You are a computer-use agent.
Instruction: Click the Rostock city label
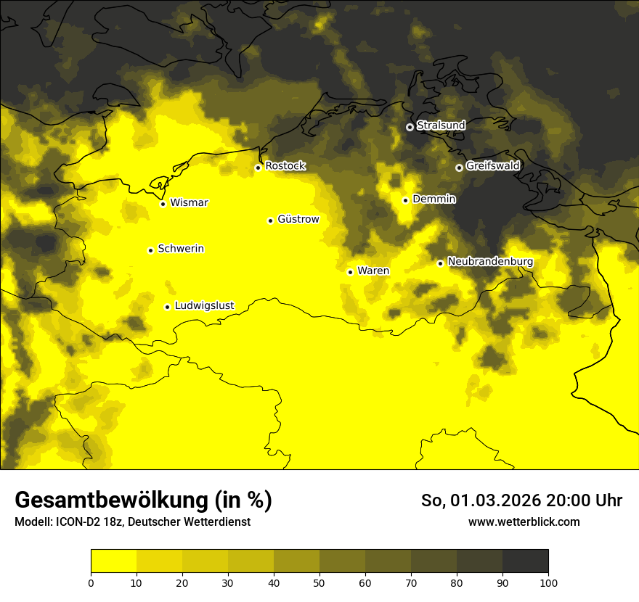tap(285, 166)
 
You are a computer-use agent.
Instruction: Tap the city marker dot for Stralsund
tap(410, 127)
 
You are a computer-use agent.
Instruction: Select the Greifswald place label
tap(492, 166)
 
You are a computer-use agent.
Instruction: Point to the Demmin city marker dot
tap(405, 200)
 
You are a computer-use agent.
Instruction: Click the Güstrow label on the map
tap(298, 219)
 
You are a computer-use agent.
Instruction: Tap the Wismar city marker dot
tap(163, 204)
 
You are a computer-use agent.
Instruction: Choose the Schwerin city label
tap(181, 249)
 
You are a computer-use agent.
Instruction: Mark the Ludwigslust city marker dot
tap(167, 307)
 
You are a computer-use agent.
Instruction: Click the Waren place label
tap(373, 271)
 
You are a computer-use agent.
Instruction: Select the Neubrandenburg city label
tap(490, 262)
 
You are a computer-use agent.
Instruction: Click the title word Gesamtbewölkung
tap(112, 500)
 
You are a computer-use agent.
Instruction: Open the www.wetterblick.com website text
tap(524, 522)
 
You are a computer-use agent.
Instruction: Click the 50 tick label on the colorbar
tap(319, 582)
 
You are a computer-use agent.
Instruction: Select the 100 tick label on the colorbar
tap(548, 582)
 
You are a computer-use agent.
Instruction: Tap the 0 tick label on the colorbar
tap(91, 582)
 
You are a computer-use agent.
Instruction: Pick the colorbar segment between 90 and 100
tap(525, 561)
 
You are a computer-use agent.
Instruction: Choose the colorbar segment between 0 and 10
tap(113, 561)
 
